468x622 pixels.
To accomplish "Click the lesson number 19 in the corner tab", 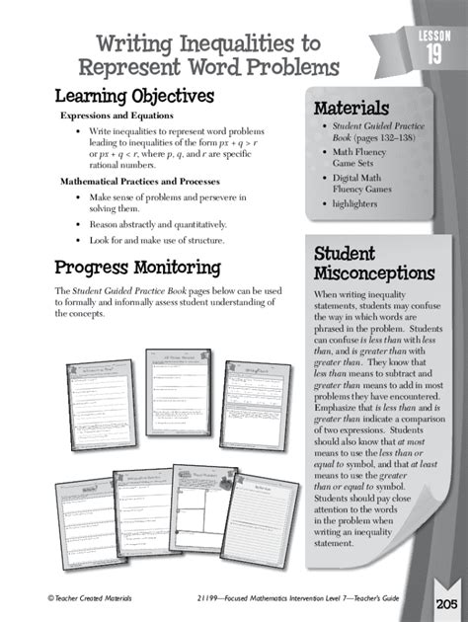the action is pos(434,55).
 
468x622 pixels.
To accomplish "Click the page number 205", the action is pos(444,603).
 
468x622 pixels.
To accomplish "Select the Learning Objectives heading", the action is pos(134,96).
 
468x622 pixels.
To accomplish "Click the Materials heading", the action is pos(351,108).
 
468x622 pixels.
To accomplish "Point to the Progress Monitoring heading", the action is pos(137,267).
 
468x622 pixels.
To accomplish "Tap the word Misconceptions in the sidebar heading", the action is pos(373,272).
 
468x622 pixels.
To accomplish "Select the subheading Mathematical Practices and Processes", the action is pos(139,182).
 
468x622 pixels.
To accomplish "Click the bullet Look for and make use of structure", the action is pos(157,240).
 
